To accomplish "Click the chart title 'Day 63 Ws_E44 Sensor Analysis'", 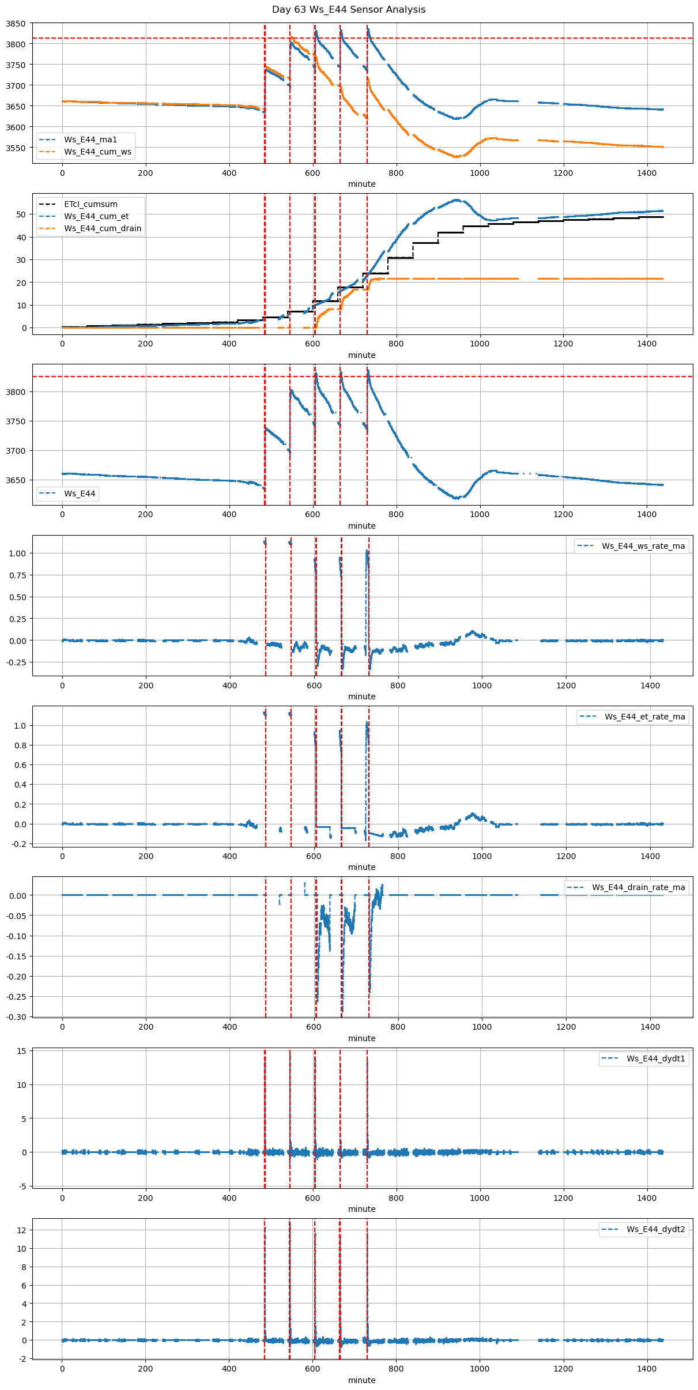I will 349,10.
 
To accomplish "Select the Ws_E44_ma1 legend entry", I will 90,140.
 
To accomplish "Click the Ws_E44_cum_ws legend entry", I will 97,152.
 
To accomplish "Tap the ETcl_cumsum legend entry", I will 90,204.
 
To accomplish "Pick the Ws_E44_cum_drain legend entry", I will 103,228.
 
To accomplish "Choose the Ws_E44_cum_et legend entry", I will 96,216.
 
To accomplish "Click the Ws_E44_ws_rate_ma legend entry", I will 643,546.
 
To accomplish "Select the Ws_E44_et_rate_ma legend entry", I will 644,717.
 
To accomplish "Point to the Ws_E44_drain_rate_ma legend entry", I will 638,887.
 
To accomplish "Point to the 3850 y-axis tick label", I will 16,24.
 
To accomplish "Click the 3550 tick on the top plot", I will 16,148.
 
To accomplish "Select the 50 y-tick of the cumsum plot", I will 22,214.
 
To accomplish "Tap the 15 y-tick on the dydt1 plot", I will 22,1051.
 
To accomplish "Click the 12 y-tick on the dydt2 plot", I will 22,1230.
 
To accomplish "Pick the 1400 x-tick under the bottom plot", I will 647,1369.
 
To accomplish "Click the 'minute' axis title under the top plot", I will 361,184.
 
